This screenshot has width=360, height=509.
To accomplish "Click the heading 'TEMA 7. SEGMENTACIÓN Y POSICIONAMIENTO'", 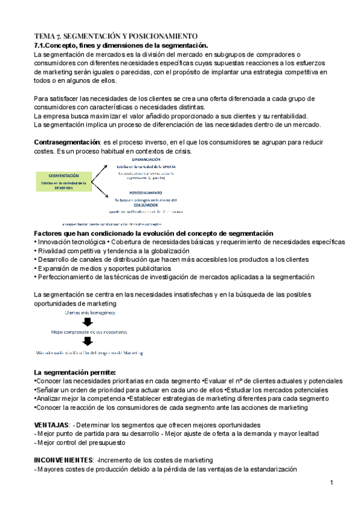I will click(x=115, y=36).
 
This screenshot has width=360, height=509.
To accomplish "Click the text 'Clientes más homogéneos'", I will click(x=88, y=312).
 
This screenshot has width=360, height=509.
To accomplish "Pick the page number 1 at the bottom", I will click(x=331, y=483).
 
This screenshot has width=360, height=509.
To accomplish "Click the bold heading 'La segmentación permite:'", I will click(x=74, y=372).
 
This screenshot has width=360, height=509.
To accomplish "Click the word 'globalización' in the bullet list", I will click(x=167, y=251).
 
